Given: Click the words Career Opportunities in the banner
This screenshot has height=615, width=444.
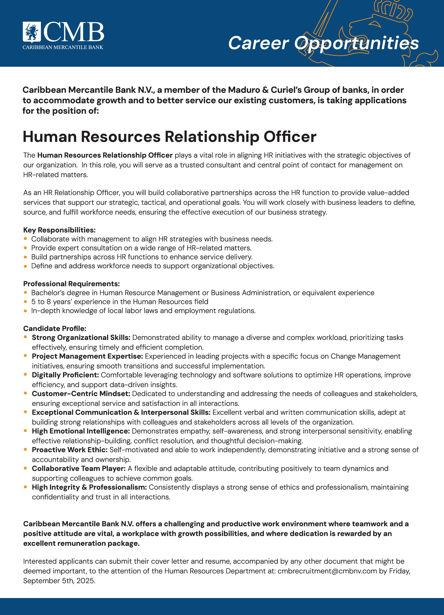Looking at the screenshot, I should (x=323, y=43).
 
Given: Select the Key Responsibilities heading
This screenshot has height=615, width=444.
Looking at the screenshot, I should (x=59, y=230).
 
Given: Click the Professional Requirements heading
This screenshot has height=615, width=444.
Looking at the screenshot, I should (x=71, y=284).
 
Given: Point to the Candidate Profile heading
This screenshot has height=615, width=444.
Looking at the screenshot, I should (x=55, y=328).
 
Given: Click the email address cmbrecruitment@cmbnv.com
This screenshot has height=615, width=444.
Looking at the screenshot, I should (x=327, y=571).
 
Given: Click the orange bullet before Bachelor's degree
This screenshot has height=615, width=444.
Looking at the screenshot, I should (x=25, y=293).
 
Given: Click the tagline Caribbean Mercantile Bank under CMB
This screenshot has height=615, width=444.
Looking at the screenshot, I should (x=63, y=47).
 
